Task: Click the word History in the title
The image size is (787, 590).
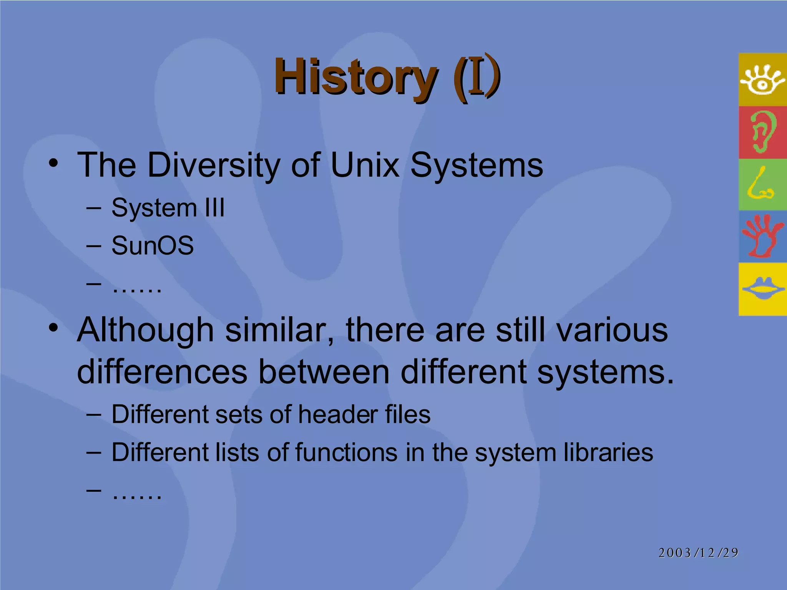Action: (355, 77)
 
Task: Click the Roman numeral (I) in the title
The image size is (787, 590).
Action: (477, 77)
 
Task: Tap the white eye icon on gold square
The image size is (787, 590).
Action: (762, 80)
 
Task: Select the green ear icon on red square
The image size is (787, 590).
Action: (762, 132)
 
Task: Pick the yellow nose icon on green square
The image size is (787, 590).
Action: (761, 184)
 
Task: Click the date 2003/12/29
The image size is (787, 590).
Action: (698, 553)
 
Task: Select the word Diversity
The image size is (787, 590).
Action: (213, 165)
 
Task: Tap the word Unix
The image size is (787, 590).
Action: (365, 165)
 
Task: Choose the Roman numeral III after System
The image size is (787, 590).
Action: (214, 208)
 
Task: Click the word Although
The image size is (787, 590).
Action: (145, 330)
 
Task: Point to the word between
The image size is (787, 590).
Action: (324, 372)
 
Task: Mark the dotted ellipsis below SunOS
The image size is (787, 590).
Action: (137, 287)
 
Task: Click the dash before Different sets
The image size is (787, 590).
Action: (93, 415)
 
